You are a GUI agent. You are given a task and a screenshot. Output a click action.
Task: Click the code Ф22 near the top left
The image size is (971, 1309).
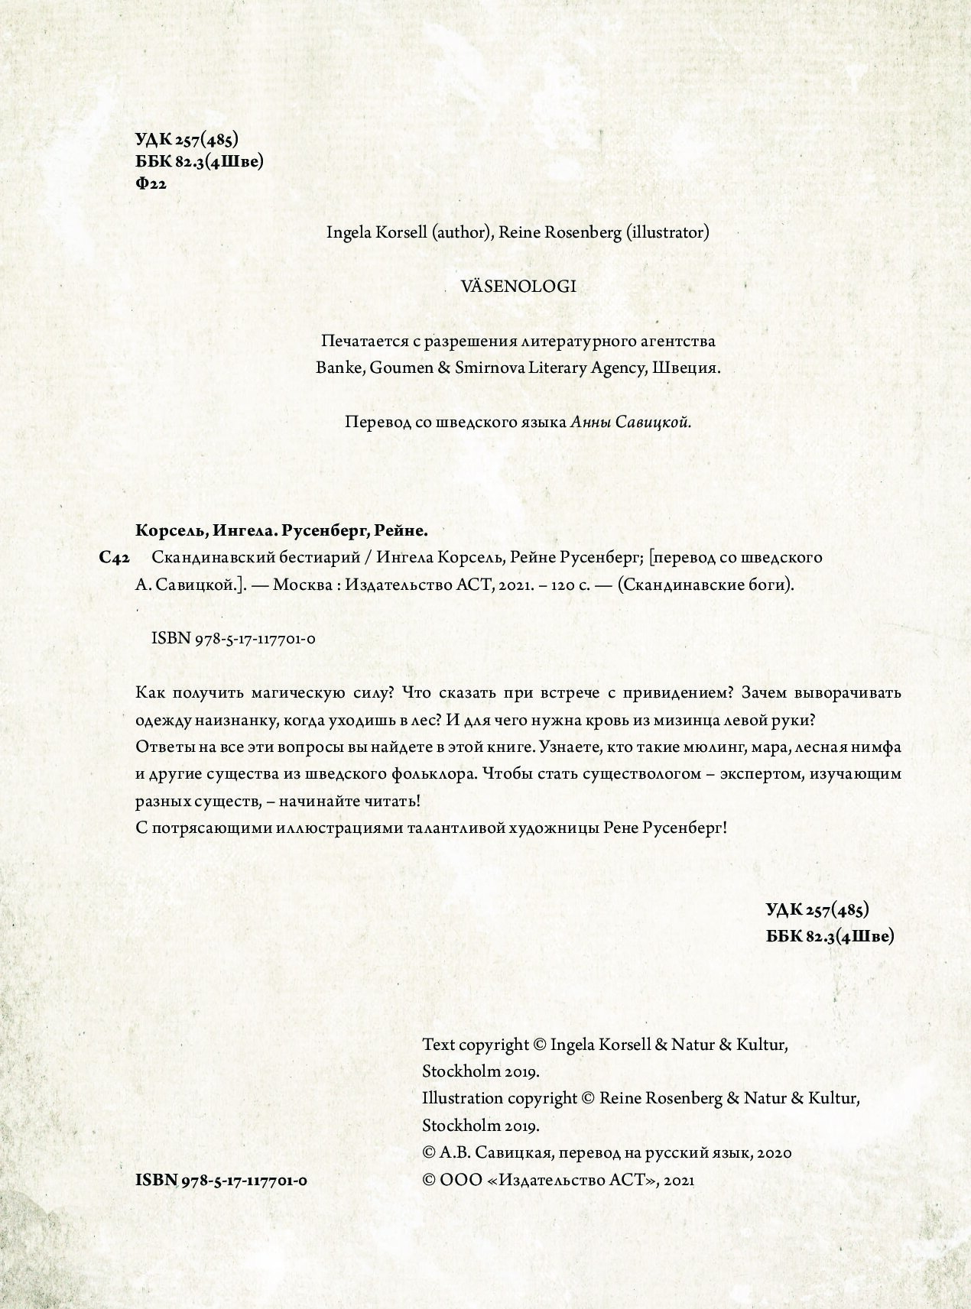tap(150, 183)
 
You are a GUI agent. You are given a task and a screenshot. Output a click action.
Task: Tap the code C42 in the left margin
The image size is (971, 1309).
tap(113, 558)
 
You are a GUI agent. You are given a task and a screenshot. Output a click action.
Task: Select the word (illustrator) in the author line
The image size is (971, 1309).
tap(667, 232)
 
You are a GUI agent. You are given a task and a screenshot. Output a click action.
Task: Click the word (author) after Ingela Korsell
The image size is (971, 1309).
tap(461, 232)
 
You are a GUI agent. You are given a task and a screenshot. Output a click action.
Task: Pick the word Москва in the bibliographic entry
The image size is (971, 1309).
tap(301, 585)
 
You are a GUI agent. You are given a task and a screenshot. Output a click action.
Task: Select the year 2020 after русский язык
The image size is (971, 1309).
tap(775, 1152)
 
